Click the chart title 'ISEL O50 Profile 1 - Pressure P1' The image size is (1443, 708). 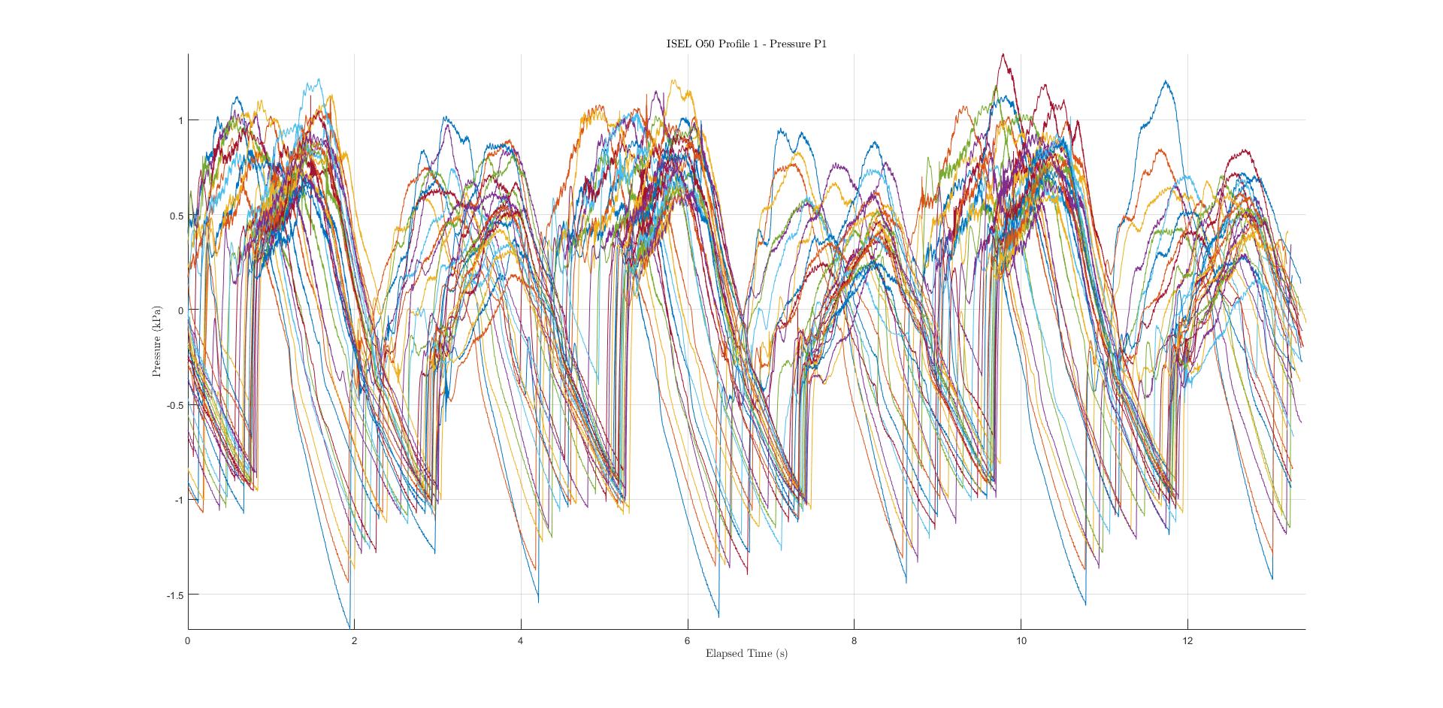pyautogui.click(x=746, y=44)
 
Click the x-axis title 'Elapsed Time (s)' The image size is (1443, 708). pyautogui.click(x=746, y=653)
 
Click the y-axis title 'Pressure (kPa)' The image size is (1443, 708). pyautogui.click(x=157, y=340)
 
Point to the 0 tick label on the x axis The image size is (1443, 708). pyautogui.click(x=188, y=640)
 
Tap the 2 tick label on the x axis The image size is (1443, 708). pyautogui.click(x=355, y=640)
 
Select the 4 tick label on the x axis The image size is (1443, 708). pyautogui.click(x=521, y=640)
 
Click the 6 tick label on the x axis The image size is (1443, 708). pyautogui.click(x=687, y=640)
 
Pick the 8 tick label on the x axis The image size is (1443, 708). pyautogui.click(x=854, y=640)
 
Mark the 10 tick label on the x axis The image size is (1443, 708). pyautogui.click(x=1021, y=640)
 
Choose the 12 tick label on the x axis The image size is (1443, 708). pyautogui.click(x=1187, y=640)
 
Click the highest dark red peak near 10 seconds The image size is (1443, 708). pyautogui.click(x=1003, y=54)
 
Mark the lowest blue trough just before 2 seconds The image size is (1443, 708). pyautogui.click(x=349, y=627)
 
